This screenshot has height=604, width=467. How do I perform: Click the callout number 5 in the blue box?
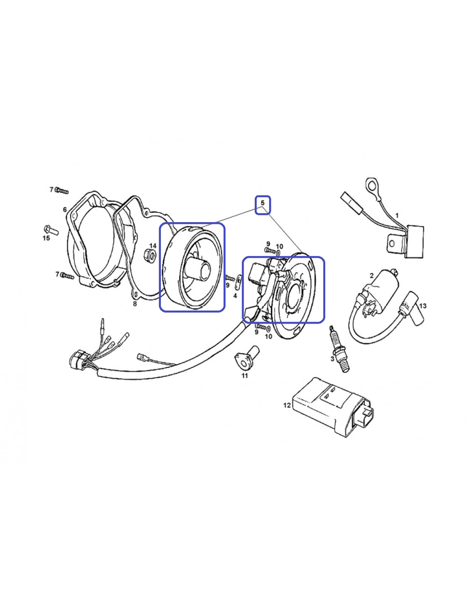[262, 203]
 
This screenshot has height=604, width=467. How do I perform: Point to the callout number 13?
[422, 306]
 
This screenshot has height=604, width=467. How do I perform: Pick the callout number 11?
[245, 376]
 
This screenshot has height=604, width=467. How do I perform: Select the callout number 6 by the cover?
[65, 209]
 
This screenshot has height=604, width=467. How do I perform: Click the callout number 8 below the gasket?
[135, 304]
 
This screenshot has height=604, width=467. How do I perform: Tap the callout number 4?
[235, 296]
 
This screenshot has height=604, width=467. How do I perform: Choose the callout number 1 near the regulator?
[397, 215]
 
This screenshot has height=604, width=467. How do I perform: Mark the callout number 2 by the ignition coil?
[372, 276]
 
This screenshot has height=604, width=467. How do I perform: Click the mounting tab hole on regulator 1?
[392, 243]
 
